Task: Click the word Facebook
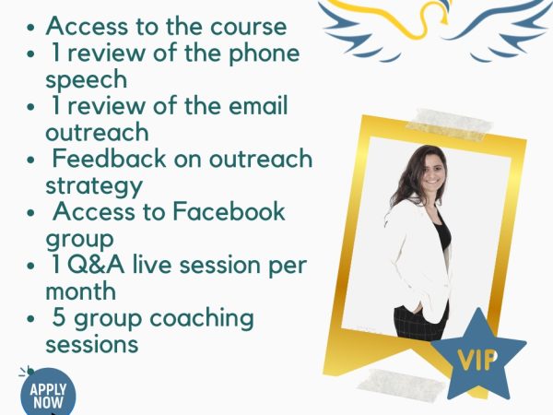[229, 212]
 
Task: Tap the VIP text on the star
[477, 360]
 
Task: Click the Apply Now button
[48, 392]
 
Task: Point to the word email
[258, 105]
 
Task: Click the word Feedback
[109, 159]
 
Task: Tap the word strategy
[94, 187]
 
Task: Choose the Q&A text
[96, 266]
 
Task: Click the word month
[81, 291]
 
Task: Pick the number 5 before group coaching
[59, 317]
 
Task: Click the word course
[248, 27]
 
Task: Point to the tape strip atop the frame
[449, 125]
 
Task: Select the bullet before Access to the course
[30, 28]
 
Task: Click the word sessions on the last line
[92, 345]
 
